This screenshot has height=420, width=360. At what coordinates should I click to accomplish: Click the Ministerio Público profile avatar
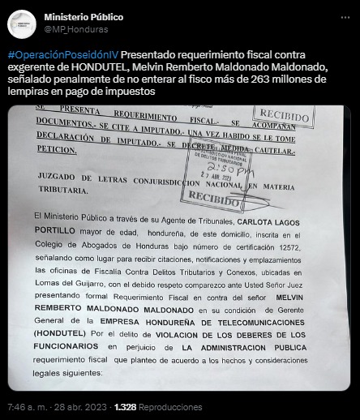pos(23,24)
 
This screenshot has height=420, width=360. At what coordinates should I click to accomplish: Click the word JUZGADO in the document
pos(60,177)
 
